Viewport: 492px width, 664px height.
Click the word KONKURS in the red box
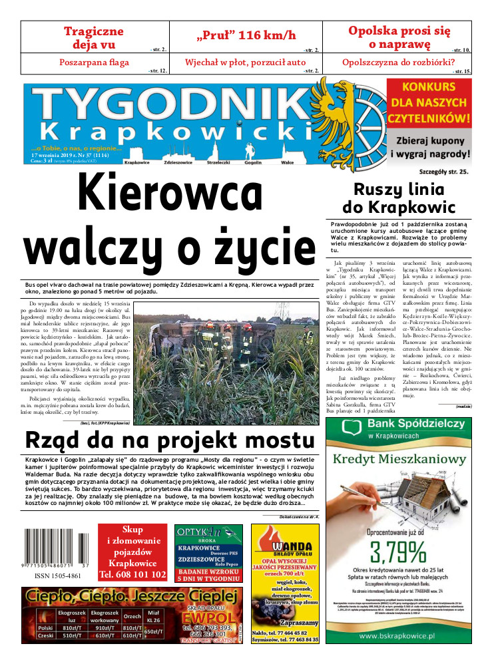429,86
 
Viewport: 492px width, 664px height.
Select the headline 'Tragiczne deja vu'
94,37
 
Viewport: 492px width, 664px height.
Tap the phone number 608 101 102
132,574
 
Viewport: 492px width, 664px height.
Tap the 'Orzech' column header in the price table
132,616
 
